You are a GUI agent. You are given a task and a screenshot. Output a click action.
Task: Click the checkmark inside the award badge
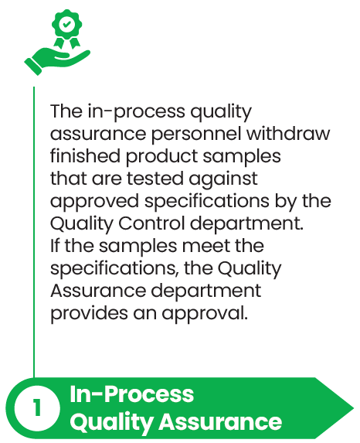pos(66,25)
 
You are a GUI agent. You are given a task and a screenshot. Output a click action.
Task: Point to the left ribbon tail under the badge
pos(59,43)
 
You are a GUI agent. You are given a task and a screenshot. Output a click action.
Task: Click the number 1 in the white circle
pos(37,407)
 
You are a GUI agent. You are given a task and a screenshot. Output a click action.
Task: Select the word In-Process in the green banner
pos(131,394)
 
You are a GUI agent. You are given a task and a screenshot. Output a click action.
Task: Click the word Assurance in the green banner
pos(220,422)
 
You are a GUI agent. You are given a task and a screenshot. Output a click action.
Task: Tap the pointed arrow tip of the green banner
pos(353,408)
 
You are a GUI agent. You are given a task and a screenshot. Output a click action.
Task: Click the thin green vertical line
pos(34,232)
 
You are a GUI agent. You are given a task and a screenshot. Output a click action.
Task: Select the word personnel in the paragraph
pos(196,135)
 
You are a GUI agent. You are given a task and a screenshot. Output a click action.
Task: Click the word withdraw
pos(288,133)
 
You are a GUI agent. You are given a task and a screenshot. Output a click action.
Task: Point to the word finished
pos(85,155)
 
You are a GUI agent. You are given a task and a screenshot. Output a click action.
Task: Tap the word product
pos(161,157)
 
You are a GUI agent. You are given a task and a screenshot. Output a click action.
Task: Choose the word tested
pos(155,179)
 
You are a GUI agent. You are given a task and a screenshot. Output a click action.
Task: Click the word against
pos(223,179)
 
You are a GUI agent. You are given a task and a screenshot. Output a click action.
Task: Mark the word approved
pos(94,202)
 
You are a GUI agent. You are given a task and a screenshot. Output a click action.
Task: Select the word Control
pos(151,223)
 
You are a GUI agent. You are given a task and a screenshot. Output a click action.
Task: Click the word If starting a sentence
pos(55,245)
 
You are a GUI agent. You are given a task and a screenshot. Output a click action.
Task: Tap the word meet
pos(206,246)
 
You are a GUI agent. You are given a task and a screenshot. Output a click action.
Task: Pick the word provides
pos(89,314)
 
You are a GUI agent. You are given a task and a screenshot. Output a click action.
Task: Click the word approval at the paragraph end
pos(205,314)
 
